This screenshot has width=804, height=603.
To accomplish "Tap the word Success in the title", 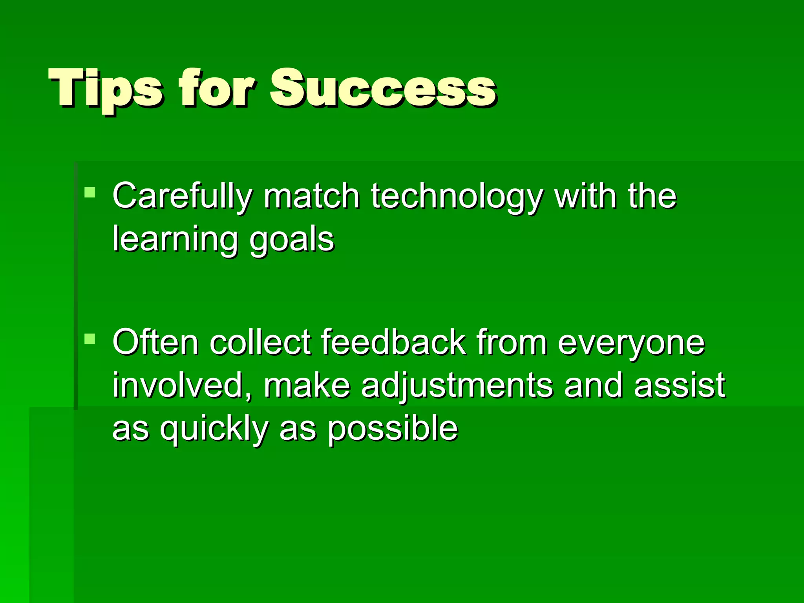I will [383, 88].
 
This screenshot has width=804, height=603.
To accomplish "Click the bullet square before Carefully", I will [90, 192].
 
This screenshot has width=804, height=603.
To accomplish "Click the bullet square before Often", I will [90, 338].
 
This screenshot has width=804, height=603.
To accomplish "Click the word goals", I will [292, 239].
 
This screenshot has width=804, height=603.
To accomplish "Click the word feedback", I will [394, 342].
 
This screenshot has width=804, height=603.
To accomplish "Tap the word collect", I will [260, 342].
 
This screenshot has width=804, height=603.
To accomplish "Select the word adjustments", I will [457, 386].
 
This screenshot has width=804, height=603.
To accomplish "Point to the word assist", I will [679, 385].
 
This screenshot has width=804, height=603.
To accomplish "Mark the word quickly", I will [214, 429].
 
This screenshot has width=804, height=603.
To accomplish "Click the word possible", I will [393, 429].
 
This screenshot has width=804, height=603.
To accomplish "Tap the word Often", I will [155, 342].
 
